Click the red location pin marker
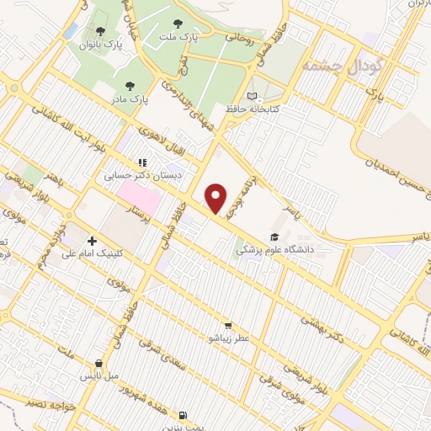[x=216, y=199]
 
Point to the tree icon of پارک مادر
[x=130, y=86]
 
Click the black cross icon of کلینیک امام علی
[x=92, y=241]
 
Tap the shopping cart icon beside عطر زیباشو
[x=227, y=326]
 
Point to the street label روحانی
[x=237, y=36]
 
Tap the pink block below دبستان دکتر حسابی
[x=138, y=199]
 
